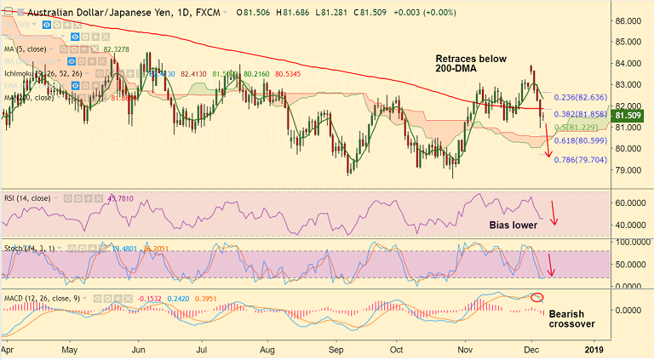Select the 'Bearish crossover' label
pyautogui.click(x=571, y=318)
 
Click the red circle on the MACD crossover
pyautogui.click(x=536, y=297)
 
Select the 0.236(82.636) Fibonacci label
pyautogui.click(x=581, y=97)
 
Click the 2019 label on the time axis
pyautogui.click(x=594, y=349)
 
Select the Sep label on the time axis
pyautogui.click(x=336, y=349)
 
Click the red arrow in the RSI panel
pyautogui.click(x=554, y=213)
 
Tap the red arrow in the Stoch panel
pyautogui.click(x=551, y=265)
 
